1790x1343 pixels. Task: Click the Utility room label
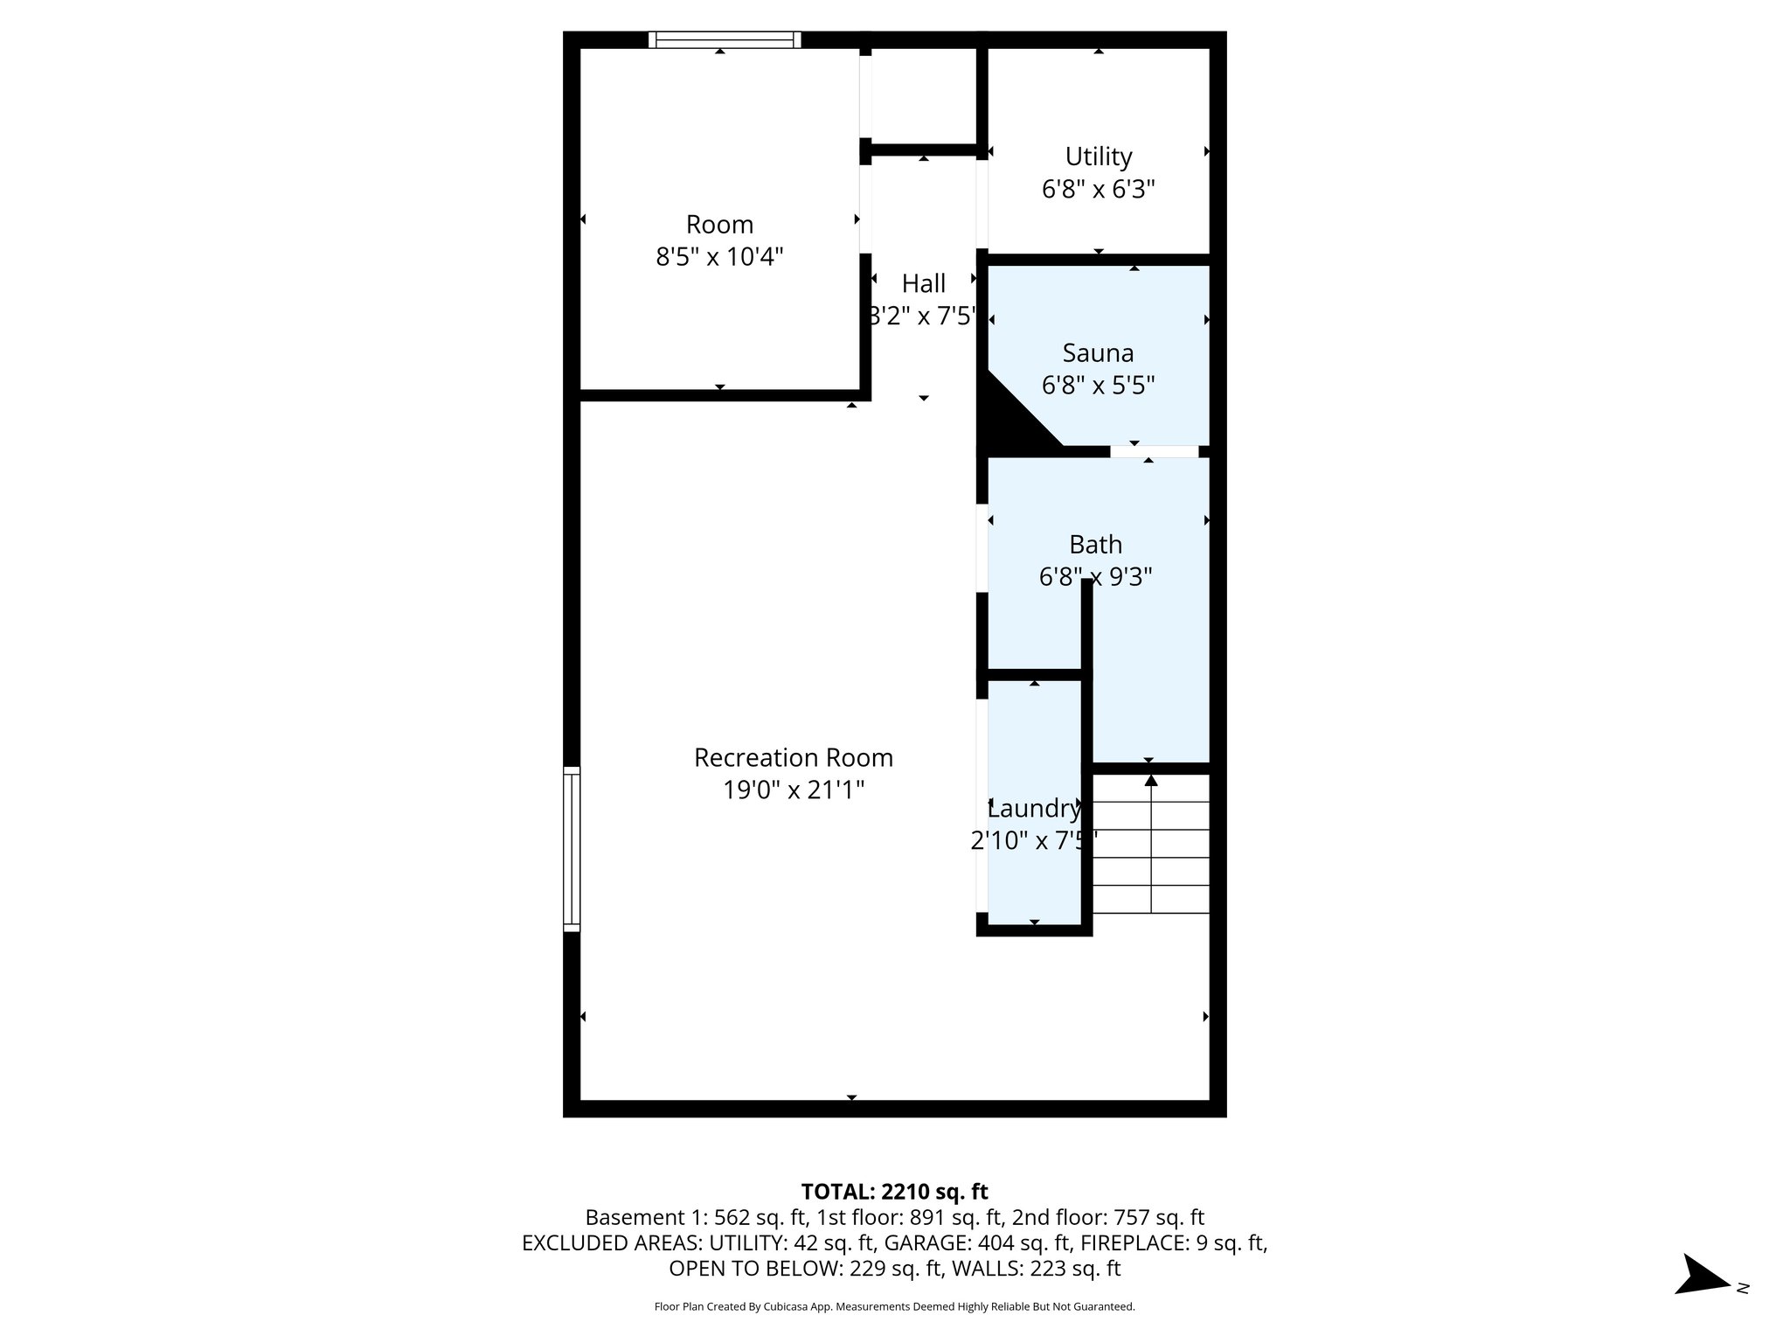click(x=1098, y=157)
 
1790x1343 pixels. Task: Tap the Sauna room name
click(x=1098, y=353)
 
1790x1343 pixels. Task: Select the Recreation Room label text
click(x=793, y=757)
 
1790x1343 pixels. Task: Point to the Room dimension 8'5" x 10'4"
click(x=719, y=257)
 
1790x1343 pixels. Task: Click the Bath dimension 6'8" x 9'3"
click(x=1095, y=577)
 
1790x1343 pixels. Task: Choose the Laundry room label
click(x=1034, y=809)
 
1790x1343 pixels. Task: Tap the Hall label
click(x=923, y=283)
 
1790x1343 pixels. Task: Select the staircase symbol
click(x=1151, y=844)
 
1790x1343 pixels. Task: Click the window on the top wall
click(x=725, y=39)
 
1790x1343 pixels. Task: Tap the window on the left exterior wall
click(x=572, y=848)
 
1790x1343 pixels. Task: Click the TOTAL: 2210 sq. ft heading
click(x=894, y=1191)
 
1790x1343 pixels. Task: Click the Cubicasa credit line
click(x=894, y=1306)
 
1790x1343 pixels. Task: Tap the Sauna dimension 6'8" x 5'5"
click(x=1098, y=386)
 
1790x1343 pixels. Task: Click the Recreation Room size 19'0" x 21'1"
click(x=793, y=790)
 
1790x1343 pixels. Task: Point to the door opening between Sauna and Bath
click(x=1154, y=451)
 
